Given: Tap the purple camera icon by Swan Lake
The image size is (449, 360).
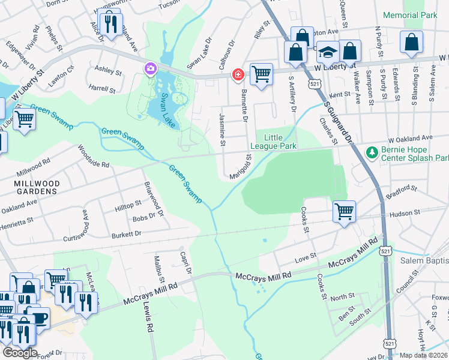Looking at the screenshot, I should (x=149, y=69).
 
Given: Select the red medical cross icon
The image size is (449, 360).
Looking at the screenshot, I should (x=238, y=74).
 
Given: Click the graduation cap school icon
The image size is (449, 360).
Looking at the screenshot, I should (x=328, y=54).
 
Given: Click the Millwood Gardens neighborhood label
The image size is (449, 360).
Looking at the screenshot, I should (x=30, y=187).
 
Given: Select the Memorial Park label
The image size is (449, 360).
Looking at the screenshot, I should (x=410, y=14).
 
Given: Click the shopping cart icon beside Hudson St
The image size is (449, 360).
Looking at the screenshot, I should (x=345, y=211).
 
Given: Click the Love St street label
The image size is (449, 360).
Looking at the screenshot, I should (x=306, y=259).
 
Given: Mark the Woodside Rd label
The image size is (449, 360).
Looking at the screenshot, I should (x=92, y=156).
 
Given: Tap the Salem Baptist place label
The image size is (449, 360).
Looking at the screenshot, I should (x=424, y=260).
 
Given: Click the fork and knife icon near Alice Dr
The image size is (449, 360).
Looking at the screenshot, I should (x=109, y=24).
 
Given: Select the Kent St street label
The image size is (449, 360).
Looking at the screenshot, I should (x=340, y=95).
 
